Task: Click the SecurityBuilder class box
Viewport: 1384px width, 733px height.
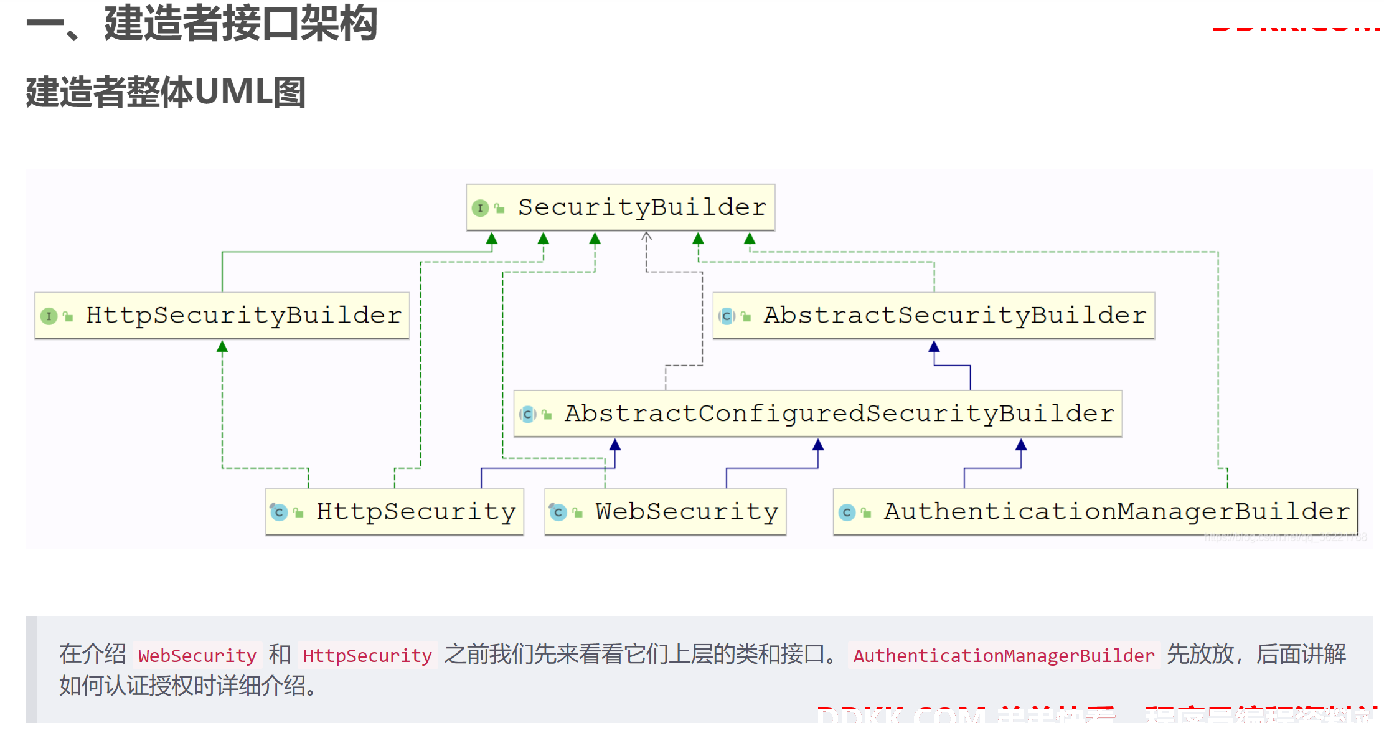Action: coord(620,207)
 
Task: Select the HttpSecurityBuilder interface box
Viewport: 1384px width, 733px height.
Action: coord(222,316)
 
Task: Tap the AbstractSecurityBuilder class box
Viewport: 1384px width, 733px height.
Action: coord(933,316)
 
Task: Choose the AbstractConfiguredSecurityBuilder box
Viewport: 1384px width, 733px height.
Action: coord(817,414)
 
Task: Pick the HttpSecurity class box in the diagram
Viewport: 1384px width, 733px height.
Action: coord(394,512)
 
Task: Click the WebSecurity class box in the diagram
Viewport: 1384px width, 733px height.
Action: coord(665,512)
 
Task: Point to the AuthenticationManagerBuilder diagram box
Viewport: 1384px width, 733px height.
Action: coord(1095,512)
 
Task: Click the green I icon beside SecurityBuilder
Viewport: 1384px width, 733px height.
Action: coord(480,208)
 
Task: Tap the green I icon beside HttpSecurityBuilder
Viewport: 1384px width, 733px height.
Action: coord(49,316)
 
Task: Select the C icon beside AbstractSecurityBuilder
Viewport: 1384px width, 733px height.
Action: coord(727,316)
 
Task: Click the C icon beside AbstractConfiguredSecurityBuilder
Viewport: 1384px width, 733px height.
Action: coord(528,414)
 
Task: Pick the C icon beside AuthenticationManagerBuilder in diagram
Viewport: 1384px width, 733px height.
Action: coord(847,513)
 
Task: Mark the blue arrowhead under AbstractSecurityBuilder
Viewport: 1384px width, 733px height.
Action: coord(934,346)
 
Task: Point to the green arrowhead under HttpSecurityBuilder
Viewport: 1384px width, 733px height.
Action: coord(222,346)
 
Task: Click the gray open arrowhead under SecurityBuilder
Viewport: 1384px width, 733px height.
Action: coord(646,237)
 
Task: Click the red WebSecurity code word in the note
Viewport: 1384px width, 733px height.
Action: coord(197,656)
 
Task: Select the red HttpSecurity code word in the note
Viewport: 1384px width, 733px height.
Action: coord(367,656)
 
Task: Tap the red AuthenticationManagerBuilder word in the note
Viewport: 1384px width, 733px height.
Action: coord(1004,656)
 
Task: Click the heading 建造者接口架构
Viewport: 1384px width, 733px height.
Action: coord(240,24)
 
